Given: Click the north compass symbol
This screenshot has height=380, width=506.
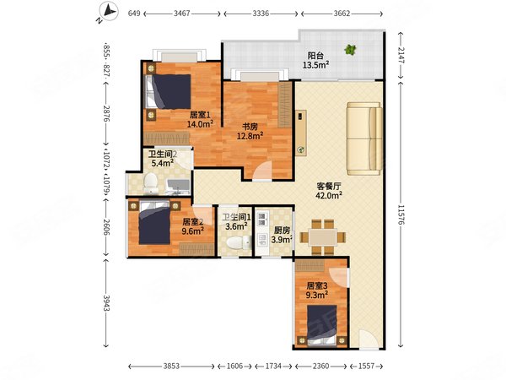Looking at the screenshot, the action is [109, 12].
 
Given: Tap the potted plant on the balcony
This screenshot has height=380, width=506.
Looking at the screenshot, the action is [350, 50].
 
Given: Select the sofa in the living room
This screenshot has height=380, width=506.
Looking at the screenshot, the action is [364, 138].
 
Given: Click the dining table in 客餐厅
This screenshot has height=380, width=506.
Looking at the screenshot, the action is [322, 237].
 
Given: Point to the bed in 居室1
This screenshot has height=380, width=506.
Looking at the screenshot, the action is [168, 91].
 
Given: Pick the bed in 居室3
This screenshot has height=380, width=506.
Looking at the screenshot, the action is [322, 325].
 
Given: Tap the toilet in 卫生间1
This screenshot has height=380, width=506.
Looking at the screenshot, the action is [239, 242].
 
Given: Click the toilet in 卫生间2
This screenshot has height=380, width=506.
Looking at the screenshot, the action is [150, 183].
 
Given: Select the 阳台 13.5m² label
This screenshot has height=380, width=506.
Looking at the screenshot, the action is [315, 61].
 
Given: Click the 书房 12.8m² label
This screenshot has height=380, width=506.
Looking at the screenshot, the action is [250, 131].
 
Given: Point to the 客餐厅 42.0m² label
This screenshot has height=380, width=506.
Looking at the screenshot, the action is [329, 191].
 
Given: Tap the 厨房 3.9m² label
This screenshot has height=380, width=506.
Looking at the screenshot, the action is [282, 235].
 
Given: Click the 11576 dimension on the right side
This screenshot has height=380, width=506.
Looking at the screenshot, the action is [401, 214].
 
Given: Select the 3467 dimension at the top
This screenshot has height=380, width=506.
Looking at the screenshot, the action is [182, 14].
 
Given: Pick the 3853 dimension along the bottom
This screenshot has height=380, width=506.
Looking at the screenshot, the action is [171, 366].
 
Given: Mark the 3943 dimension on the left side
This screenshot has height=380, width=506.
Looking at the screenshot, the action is [106, 303].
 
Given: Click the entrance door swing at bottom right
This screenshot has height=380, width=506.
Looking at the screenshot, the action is [369, 339].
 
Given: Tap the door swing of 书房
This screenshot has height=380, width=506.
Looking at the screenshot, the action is [262, 171].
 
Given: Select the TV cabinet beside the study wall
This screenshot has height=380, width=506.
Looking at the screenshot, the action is [301, 133].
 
